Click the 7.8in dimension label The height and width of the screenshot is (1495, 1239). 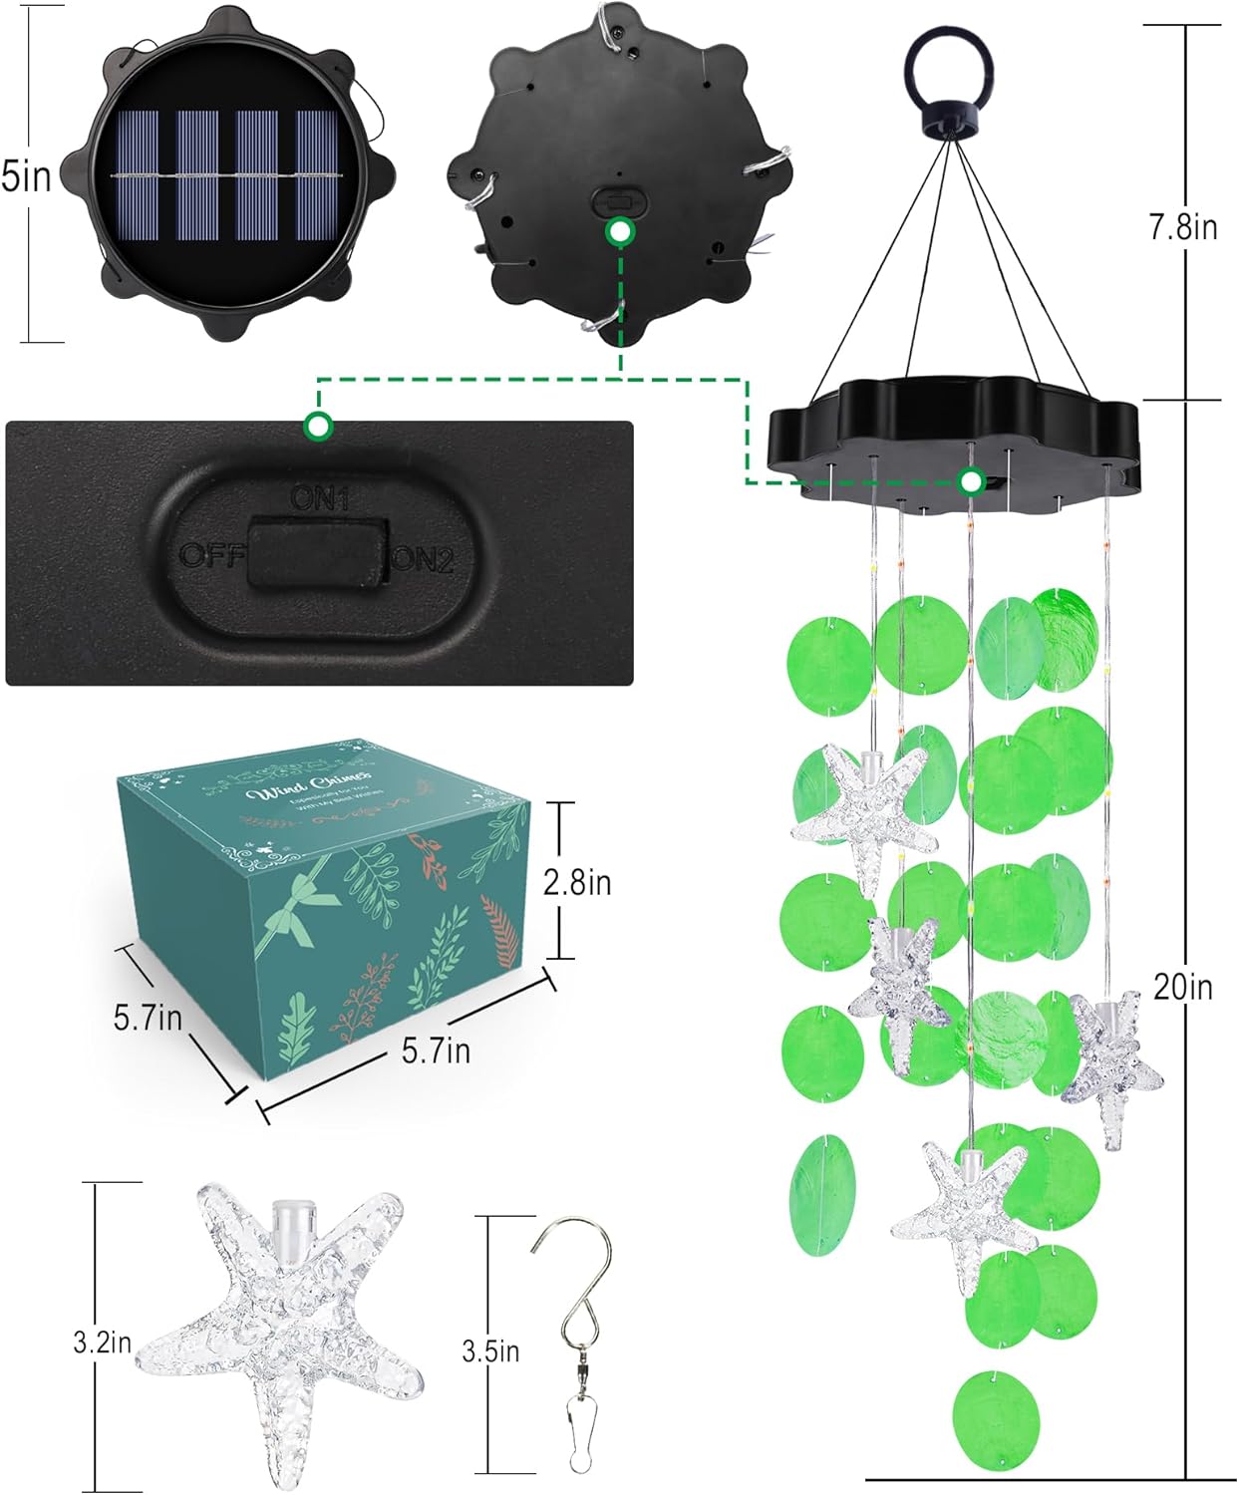point(1182,227)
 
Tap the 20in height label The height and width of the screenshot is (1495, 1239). point(1182,987)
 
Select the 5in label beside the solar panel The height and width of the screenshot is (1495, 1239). point(27,176)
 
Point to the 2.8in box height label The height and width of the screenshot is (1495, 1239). point(577,882)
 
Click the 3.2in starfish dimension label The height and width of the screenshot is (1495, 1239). point(102,1343)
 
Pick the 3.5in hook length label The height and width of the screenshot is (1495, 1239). point(490,1351)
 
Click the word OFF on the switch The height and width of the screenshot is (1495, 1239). point(210,554)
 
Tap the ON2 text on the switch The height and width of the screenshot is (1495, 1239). point(423,560)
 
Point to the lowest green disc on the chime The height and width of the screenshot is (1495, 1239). point(996,1420)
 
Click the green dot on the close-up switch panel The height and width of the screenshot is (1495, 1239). point(318,426)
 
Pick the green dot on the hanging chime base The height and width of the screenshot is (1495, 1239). point(971,482)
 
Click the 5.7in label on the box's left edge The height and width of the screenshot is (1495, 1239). point(148,1018)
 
